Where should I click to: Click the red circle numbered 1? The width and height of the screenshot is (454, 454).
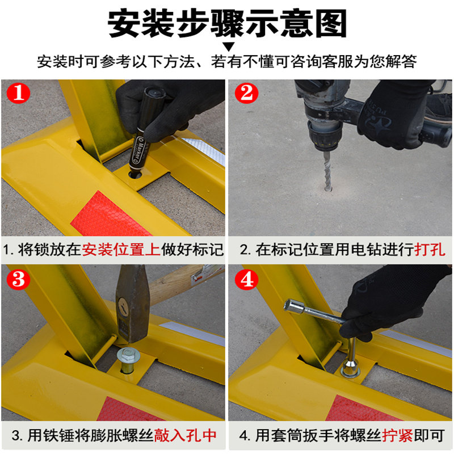tap(19, 93)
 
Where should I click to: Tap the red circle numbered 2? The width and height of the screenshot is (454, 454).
tap(246, 93)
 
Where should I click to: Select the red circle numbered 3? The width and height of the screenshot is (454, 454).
tap(19, 279)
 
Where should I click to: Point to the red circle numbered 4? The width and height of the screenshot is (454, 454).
tap(246, 279)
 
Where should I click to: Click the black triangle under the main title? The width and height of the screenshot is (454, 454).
tap(228, 47)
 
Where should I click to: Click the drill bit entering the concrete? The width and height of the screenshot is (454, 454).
tap(327, 171)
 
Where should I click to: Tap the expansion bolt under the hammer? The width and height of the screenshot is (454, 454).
tap(128, 361)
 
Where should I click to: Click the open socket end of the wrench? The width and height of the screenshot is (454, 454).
tap(292, 306)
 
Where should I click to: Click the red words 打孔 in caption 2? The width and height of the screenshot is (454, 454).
tap(430, 249)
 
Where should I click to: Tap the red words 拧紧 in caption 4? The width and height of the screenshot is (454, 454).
tap(398, 435)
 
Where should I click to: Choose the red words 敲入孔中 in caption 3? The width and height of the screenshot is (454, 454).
tap(186, 435)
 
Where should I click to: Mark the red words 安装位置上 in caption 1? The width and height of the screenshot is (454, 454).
tap(121, 249)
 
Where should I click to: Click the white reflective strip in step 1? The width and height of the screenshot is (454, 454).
tap(204, 150)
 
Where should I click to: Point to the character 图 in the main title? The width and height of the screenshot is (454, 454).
tap(331, 23)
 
